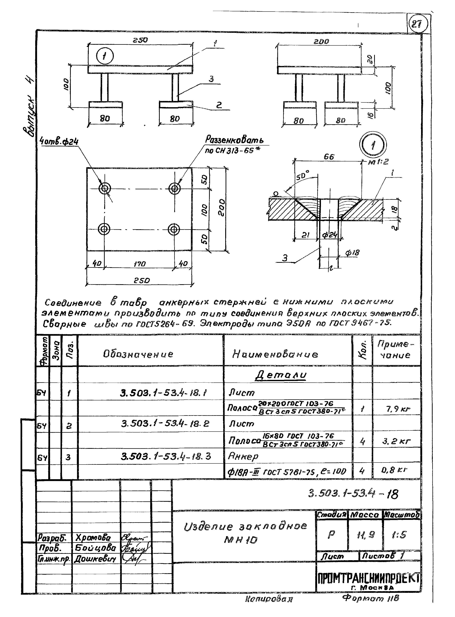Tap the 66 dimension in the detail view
(329, 157)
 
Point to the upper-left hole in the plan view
(105, 189)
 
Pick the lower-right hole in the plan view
(174, 229)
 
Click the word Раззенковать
(234, 140)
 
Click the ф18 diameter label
(352, 253)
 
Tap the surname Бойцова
(95, 548)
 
